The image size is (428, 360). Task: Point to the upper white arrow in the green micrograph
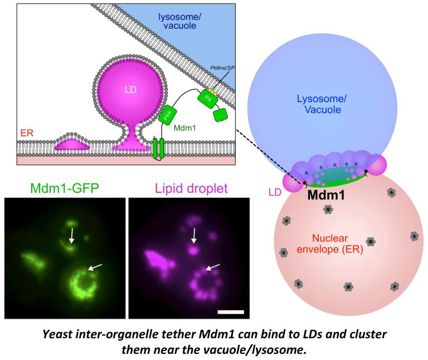[71, 233]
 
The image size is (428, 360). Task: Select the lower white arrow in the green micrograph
[94, 269]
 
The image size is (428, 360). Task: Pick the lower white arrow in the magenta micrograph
[216, 269]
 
